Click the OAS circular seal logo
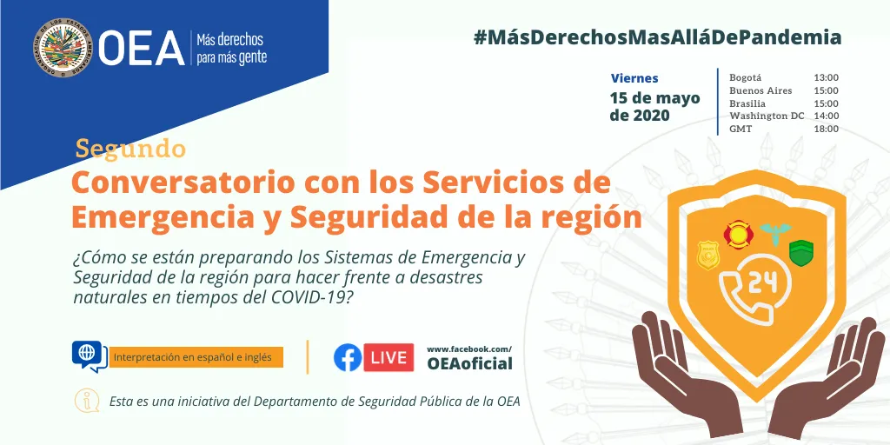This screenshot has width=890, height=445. pos(63,48)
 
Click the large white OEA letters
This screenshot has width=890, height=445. pos(142,49)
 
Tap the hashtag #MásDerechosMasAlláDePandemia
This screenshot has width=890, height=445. pos(657,37)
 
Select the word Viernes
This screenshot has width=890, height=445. pos(634,78)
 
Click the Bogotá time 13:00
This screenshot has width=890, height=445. pos(826,77)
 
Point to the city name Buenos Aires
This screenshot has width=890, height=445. pos(760,90)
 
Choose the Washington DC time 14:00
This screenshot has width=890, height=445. pos(826,116)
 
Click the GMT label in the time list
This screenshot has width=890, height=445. pos(741,129)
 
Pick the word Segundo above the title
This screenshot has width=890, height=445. pos(130,149)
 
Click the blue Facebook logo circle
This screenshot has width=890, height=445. pos(348,357)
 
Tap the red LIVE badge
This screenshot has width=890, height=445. pos(388,357)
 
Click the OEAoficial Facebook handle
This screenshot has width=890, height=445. pos(469,363)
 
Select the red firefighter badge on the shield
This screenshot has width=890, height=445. pos(739,233)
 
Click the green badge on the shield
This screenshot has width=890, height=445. pos(800,254)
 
